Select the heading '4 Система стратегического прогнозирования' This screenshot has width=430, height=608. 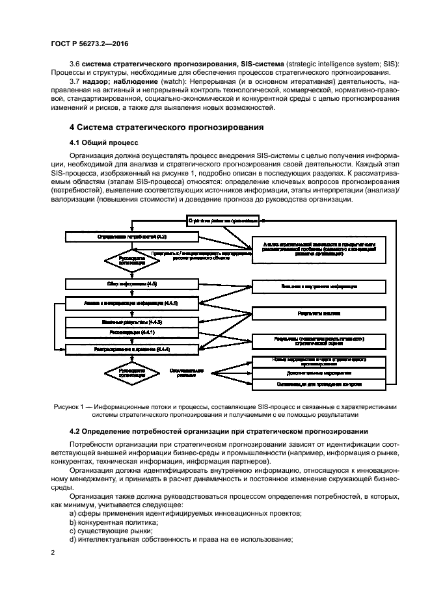click(x=167, y=127)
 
